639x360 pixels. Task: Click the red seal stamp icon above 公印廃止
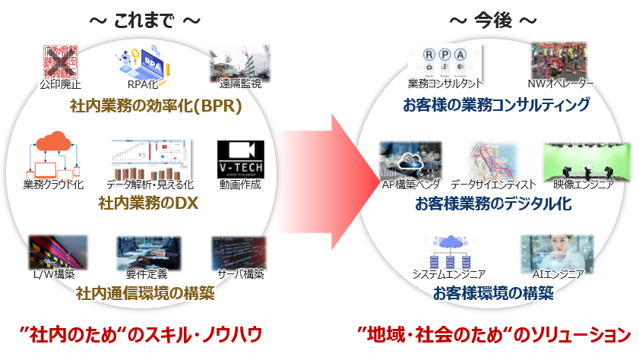59,62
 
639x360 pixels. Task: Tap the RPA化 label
143,85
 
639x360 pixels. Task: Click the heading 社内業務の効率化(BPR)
155,106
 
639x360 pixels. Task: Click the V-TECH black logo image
239,158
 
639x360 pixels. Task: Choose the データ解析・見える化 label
150,185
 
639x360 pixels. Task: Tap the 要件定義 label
147,273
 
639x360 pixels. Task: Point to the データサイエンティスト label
493,185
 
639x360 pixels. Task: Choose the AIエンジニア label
558,273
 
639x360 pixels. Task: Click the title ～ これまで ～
144,21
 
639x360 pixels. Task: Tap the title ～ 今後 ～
494,21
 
